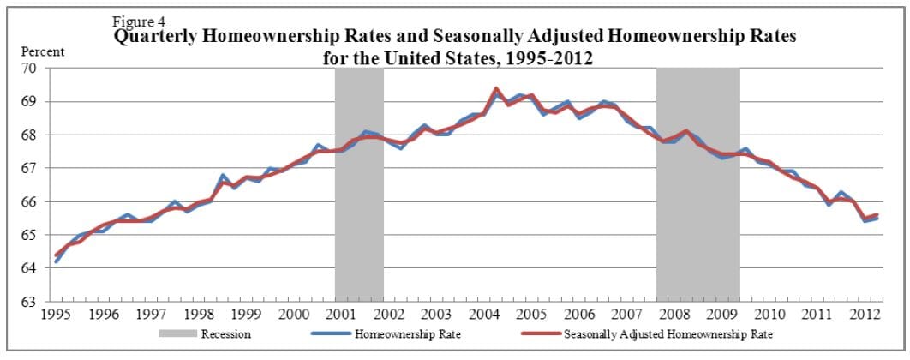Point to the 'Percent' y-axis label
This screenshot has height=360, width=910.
42,51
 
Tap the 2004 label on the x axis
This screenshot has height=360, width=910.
484,315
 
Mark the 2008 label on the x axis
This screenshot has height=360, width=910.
675,315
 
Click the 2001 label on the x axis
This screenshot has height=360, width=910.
341,315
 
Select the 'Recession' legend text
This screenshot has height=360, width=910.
225,333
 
